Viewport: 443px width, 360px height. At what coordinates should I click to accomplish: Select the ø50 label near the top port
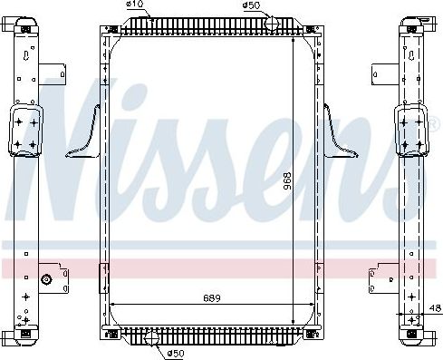(251, 5)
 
